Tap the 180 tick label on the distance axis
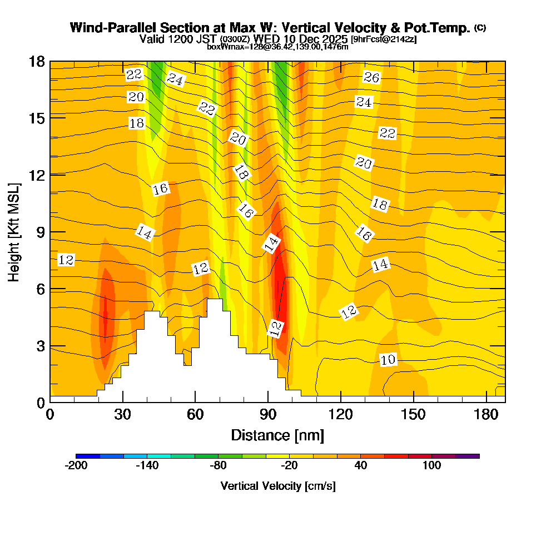[487, 414]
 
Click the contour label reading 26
[371, 77]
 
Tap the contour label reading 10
[388, 360]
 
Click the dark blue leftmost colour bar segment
[88, 456]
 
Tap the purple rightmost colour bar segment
[468, 456]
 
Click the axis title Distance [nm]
[277, 435]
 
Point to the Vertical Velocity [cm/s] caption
[278, 486]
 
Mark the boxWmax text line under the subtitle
[277, 47]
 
